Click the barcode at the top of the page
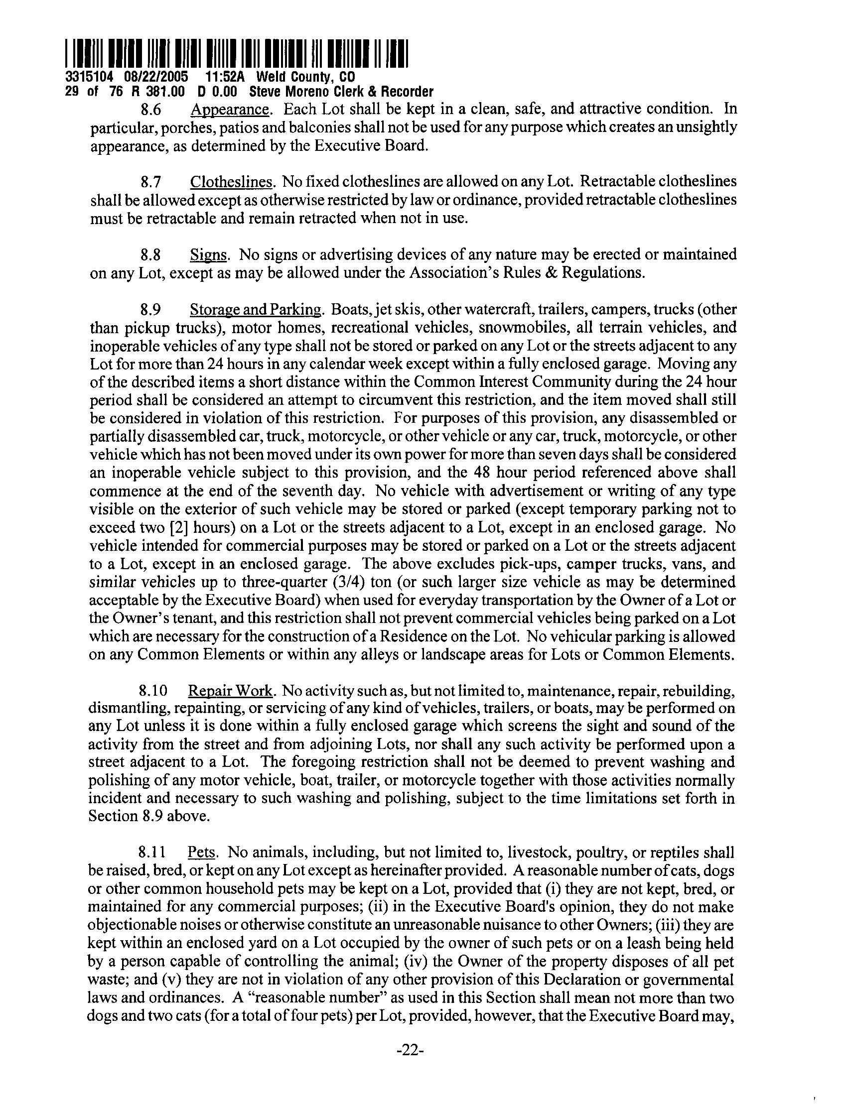(x=236, y=53)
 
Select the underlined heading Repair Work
(x=231, y=691)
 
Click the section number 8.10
(x=151, y=691)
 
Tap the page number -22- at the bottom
(x=411, y=1050)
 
